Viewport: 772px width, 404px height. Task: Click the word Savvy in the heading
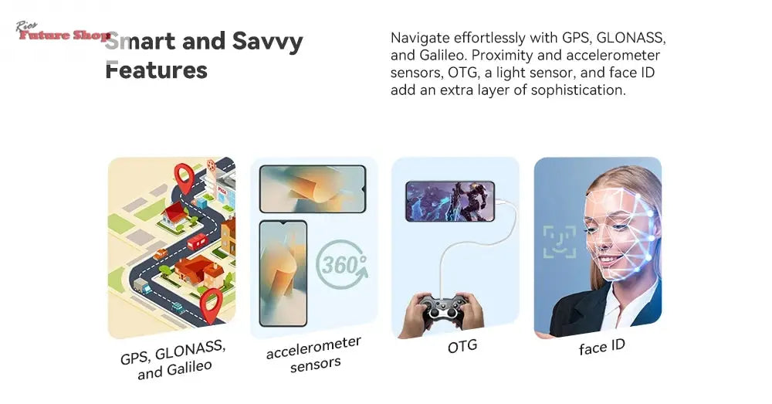267,42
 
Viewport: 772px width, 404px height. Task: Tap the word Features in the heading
156,70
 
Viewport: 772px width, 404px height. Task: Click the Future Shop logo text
63,35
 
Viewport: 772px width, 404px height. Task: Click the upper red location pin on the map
185,178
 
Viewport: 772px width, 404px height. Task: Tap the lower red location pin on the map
212,305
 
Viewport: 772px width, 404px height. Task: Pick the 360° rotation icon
342,265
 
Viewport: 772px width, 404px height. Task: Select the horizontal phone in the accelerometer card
312,189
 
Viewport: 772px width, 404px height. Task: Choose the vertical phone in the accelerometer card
283,273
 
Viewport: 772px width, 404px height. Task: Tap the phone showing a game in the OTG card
450,202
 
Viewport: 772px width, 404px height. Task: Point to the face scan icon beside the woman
560,242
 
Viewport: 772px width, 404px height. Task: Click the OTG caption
462,347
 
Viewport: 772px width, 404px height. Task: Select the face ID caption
601,348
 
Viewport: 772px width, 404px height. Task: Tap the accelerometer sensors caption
315,355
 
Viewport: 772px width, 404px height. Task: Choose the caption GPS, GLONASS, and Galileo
174,360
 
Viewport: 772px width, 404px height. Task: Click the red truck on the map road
197,242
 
